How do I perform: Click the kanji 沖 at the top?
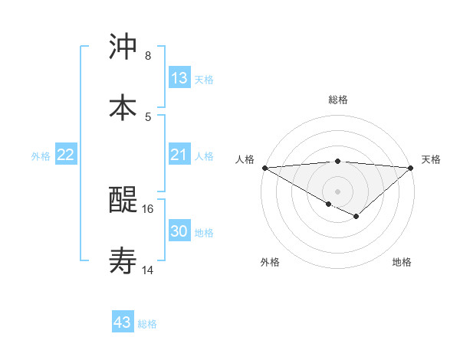pyautogui.click(x=123, y=47)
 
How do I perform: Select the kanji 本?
pyautogui.click(x=123, y=108)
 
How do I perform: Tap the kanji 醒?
pyautogui.click(x=123, y=201)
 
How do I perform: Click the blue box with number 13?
pyautogui.click(x=179, y=78)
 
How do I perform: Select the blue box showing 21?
pyautogui.click(x=179, y=155)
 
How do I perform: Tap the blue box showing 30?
pyautogui.click(x=179, y=231)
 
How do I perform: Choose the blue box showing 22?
pyautogui.click(x=66, y=155)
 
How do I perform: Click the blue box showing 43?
pyautogui.click(x=123, y=322)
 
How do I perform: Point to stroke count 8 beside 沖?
pyautogui.click(x=148, y=56)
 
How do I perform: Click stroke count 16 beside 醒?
pyautogui.click(x=148, y=208)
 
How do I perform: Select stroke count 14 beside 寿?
pyautogui.click(x=148, y=270)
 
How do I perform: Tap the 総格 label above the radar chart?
pyautogui.click(x=338, y=100)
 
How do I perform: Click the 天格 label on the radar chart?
pyautogui.click(x=431, y=159)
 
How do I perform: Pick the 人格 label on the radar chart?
pyautogui.click(x=245, y=159)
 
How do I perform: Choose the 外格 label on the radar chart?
pyautogui.click(x=270, y=262)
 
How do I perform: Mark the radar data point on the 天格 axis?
pyautogui.click(x=411, y=168)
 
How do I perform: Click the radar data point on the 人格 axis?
pyautogui.click(x=264, y=168)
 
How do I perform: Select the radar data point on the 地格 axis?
pyautogui.click(x=356, y=217)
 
